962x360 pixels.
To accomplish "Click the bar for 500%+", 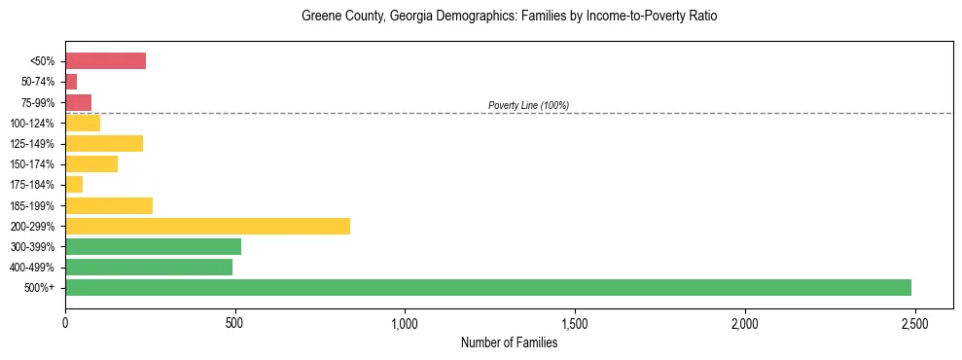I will click(488, 288).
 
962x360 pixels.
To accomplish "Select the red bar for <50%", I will click(105, 61).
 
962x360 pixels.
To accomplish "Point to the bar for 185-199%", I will click(109, 205).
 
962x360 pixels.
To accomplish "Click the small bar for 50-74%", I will click(71, 82).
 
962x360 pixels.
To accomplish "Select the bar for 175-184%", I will click(74, 185).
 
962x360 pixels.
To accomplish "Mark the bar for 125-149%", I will click(104, 144).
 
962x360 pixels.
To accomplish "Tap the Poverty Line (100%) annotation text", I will click(528, 105).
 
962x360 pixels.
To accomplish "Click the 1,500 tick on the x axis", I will click(575, 322).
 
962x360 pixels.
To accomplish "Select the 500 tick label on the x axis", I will click(234, 322).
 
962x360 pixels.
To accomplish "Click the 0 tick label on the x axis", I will click(65, 322).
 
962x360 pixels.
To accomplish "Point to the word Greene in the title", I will click(320, 17).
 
